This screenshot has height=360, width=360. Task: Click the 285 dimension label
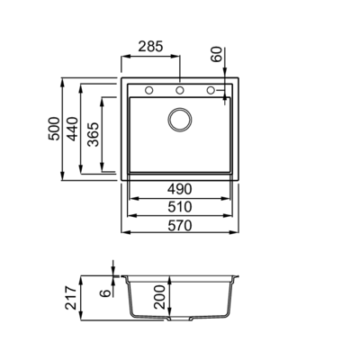coord(150,47)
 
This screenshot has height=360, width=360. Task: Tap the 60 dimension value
coord(217,54)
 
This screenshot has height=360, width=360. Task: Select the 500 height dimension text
coord(54,129)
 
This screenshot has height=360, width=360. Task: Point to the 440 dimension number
coord(72,129)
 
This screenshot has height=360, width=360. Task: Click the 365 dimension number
coord(94,134)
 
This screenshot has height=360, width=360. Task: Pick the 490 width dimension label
coord(179,189)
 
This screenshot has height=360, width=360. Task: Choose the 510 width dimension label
coord(179,207)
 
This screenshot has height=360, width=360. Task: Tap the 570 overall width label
coord(179,226)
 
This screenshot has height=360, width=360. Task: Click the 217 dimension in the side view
coord(72,298)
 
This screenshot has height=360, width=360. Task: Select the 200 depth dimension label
coord(159,297)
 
